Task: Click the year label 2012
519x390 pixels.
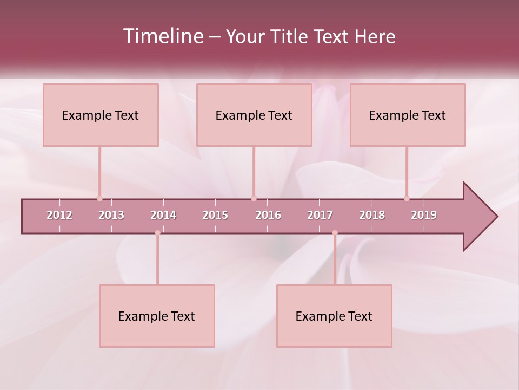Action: tap(59, 215)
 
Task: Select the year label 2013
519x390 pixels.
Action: tap(111, 215)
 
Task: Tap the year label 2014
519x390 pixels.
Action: tap(163, 215)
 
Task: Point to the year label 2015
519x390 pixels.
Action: tap(215, 215)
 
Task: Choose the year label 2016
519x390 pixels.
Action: tap(268, 215)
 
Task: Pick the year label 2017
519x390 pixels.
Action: tap(320, 215)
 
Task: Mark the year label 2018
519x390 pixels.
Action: tap(372, 215)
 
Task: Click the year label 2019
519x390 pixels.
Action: tap(424, 215)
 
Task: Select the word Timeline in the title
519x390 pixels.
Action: tap(163, 36)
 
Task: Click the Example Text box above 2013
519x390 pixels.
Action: tap(101, 115)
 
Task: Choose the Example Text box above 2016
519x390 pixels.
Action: tap(254, 115)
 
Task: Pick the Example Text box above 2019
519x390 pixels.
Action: tap(408, 115)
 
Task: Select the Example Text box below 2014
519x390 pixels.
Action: tap(157, 316)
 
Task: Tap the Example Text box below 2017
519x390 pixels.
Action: tap(334, 316)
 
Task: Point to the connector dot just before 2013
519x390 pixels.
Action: tap(99, 198)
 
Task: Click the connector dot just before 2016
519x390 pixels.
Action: tap(254, 198)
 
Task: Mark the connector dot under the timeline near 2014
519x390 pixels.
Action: tap(157, 233)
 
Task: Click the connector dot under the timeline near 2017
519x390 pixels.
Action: tap(335, 233)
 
